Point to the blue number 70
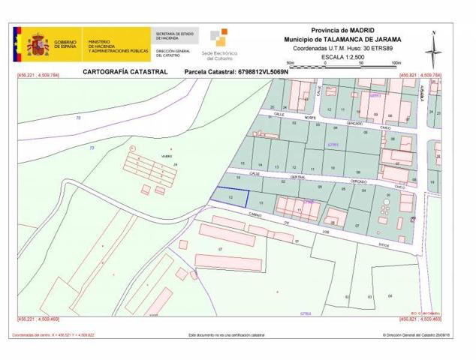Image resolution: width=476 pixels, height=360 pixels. [78, 119]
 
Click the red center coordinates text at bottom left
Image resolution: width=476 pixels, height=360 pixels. [53, 334]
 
